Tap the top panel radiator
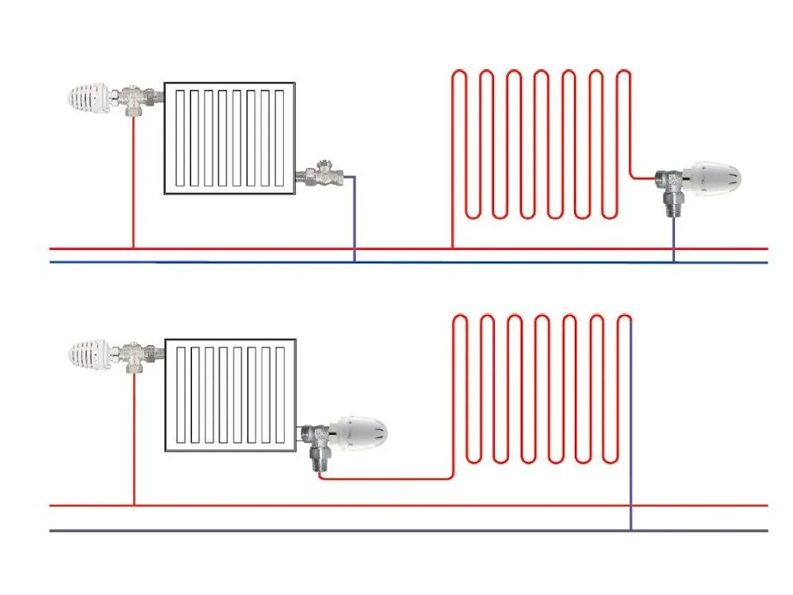(230, 137)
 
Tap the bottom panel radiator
(230, 395)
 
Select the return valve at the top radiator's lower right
(322, 174)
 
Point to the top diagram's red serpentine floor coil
(539, 143)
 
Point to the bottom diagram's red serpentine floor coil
(539, 389)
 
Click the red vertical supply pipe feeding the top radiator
(133, 182)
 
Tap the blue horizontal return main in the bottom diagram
(396, 530)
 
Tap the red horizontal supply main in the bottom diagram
(396, 505)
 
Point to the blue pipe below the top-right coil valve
(674, 238)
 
